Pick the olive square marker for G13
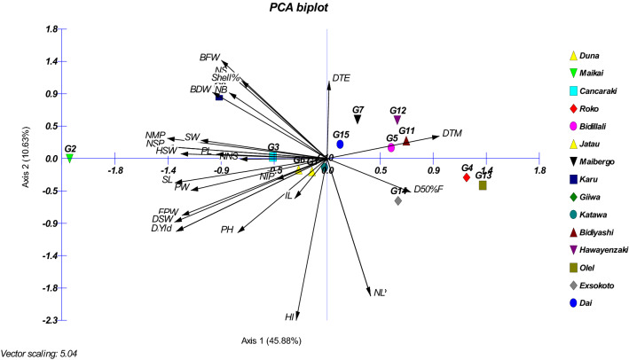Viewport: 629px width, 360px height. (483, 185)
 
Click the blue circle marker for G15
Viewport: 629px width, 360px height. (341, 144)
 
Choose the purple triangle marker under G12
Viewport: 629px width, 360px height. (397, 120)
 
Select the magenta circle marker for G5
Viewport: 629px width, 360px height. (391, 147)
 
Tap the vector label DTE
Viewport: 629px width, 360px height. (341, 78)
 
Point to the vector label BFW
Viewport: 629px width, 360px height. (209, 58)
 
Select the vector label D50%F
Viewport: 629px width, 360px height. (427, 189)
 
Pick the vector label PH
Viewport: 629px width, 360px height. (227, 231)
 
